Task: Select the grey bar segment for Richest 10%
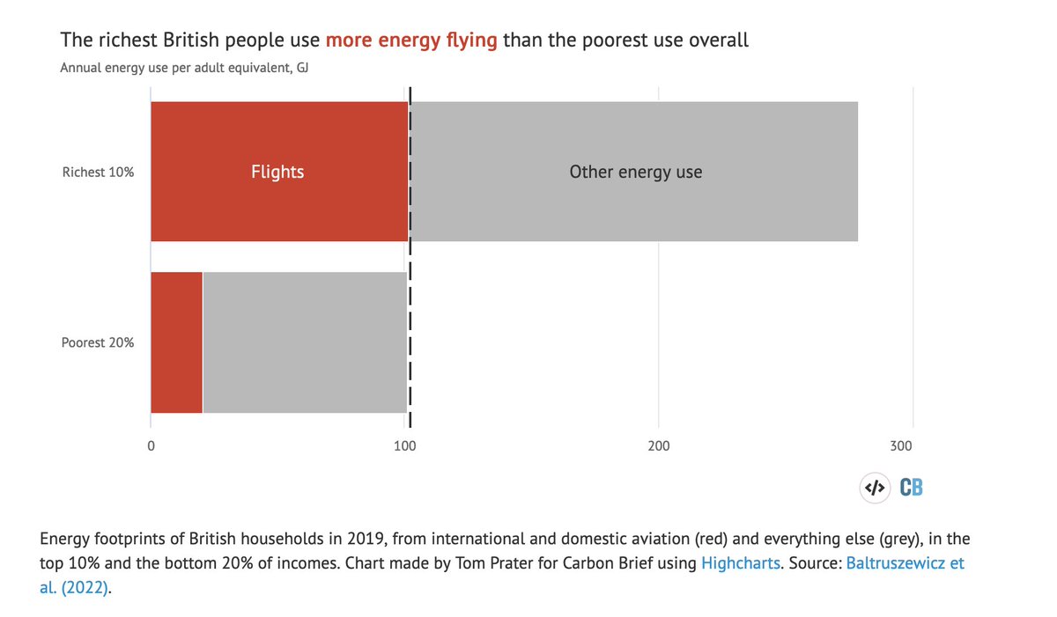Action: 634,211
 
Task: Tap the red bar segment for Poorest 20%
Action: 176,342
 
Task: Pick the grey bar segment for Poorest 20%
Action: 305,342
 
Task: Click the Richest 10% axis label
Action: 98,173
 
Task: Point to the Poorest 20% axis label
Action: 98,342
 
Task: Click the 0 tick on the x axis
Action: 152,446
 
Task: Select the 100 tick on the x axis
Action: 404,446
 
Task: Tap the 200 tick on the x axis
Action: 659,446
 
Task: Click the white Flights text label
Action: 277,172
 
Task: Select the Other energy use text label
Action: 635,172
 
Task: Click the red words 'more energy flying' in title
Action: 411,40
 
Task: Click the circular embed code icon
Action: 874,488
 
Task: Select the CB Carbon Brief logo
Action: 911,488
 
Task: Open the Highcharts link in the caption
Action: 741,562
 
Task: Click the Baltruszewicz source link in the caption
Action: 905,562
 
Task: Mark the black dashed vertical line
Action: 410,264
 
